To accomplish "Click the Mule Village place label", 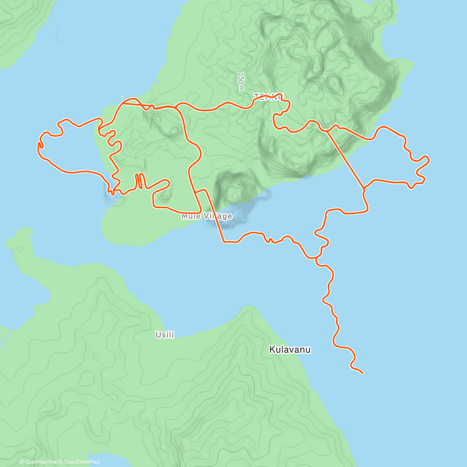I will tap(207, 216).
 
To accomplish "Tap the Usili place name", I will tap(165, 335).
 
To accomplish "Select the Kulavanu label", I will tap(290, 349).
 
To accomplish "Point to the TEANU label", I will tap(269, 96).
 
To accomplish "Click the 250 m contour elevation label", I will tap(241, 82).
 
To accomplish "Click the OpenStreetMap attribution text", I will tap(81, 462).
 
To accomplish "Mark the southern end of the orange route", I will tap(363, 374).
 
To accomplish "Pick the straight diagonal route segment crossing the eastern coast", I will tap(346, 158).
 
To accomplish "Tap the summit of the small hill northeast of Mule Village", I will tap(234, 192).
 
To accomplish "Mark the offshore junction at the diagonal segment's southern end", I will tap(364, 188).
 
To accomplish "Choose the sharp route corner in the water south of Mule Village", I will tap(224, 242).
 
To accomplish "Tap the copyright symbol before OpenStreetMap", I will tap(61, 462).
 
